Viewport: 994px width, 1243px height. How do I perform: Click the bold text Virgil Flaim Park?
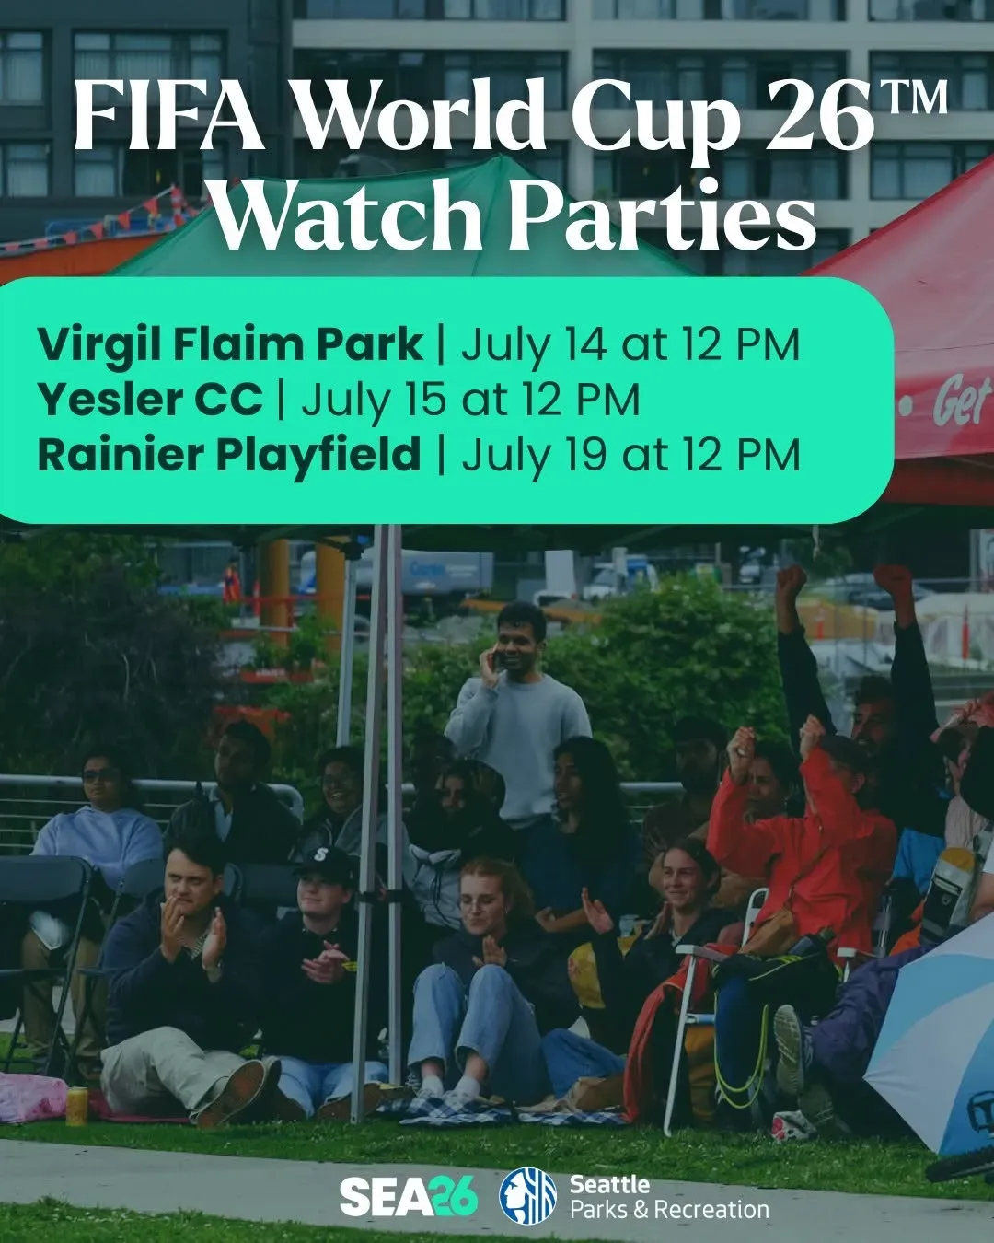tap(230, 346)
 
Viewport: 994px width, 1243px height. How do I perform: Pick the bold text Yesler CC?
tap(150, 399)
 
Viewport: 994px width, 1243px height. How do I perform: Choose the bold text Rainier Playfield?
tap(229, 455)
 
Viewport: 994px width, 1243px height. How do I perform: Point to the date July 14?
tap(534, 345)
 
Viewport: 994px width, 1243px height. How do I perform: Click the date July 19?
tap(534, 455)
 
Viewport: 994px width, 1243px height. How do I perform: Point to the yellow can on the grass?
tap(76, 1105)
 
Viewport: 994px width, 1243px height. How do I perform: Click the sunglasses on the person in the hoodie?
tap(99, 775)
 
